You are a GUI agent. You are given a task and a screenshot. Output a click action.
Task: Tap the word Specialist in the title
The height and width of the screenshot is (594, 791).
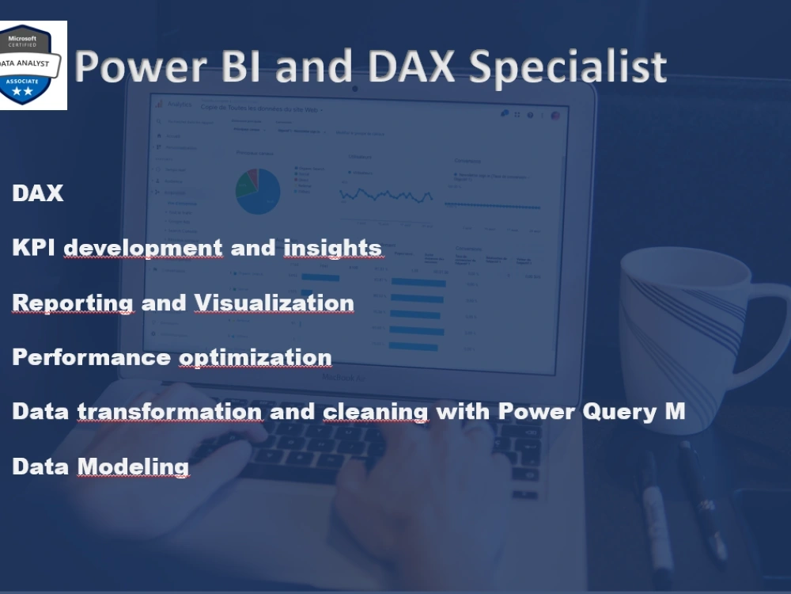[x=567, y=68]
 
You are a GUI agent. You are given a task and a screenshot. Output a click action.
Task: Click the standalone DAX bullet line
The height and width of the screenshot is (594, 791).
[x=37, y=193]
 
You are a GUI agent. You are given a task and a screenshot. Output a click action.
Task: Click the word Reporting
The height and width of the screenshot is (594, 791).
[x=73, y=303]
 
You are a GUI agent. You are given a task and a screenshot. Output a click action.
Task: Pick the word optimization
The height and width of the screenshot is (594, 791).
[x=255, y=357]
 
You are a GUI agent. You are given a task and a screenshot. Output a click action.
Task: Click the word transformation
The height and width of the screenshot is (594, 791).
[x=169, y=412]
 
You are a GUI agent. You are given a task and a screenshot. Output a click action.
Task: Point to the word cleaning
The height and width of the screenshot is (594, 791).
[x=376, y=412]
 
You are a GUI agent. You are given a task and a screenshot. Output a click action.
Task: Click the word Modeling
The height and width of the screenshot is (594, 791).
[x=133, y=466]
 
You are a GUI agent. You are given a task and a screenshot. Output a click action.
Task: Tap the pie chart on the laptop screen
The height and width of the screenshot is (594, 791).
[x=258, y=191]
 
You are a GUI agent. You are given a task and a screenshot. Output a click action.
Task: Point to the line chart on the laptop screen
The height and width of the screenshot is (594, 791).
[x=386, y=194]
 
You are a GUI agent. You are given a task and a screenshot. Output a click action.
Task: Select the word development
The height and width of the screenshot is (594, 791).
[x=143, y=248]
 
